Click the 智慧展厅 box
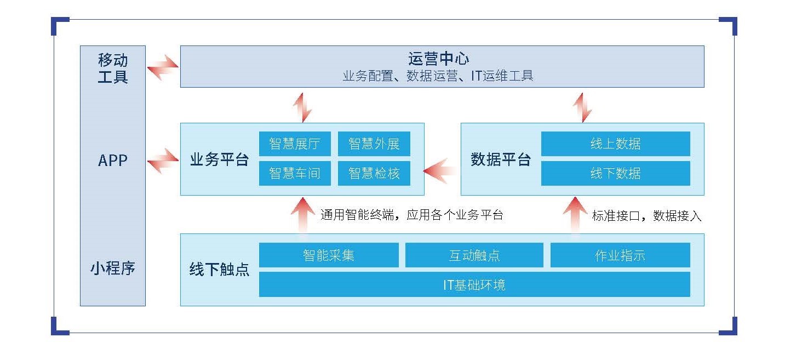(295, 144)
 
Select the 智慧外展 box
(374, 144)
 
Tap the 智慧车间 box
(295, 173)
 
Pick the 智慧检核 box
(374, 173)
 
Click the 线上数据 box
(615, 144)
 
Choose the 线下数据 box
(615, 173)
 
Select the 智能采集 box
(329, 255)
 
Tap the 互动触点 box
(474, 255)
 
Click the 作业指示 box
(620, 255)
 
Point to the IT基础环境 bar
(474, 285)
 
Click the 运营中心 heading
(438, 59)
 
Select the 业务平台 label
(220, 159)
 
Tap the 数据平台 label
(501, 159)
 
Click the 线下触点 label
(219, 269)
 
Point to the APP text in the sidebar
(113, 161)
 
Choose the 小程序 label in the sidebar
(113, 268)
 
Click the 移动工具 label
(113, 68)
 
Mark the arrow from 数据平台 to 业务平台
(440, 171)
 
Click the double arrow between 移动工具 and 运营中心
(163, 67)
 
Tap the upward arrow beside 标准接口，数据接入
(575, 215)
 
